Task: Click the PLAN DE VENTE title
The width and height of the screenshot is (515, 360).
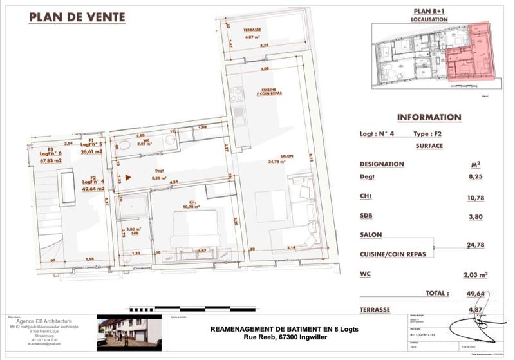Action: tap(77, 17)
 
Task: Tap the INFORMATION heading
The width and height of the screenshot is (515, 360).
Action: tap(429, 117)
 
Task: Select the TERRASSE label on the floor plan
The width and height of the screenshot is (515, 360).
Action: tap(256, 32)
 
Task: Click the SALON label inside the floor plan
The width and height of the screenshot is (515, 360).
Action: tap(287, 155)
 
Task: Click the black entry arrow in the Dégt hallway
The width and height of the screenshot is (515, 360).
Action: tap(129, 176)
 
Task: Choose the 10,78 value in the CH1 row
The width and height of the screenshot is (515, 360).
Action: tap(477, 199)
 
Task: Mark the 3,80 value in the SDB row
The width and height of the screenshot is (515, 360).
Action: tap(477, 216)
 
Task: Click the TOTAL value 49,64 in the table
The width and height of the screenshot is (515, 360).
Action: tap(477, 293)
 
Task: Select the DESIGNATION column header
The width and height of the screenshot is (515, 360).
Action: tap(382, 164)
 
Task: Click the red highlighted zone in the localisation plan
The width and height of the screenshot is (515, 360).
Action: tap(473, 55)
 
